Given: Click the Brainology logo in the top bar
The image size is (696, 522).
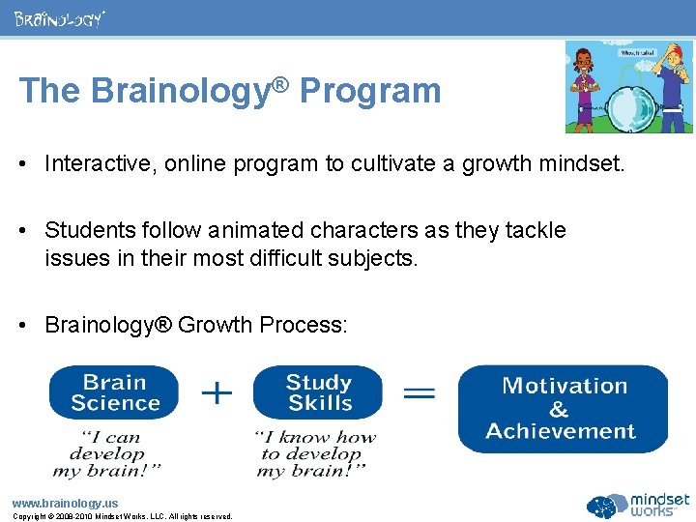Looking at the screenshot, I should pos(59,18).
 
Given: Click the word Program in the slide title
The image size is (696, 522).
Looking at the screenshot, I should pos(370,91).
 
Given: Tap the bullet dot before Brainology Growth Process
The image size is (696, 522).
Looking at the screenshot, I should pos(27,325).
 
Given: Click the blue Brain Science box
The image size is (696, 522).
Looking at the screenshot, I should pos(114,392).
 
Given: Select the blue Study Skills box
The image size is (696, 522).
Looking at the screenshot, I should pos(318,392).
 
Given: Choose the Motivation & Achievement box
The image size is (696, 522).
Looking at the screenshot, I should pos(562,409).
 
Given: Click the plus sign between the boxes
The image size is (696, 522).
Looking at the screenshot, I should pos(217,391).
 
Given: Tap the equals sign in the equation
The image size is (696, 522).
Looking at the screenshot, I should pos(419,392).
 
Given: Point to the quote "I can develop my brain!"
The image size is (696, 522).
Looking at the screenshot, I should pos(107,453).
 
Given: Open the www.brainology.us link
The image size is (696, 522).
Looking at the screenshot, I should pos(65,503).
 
